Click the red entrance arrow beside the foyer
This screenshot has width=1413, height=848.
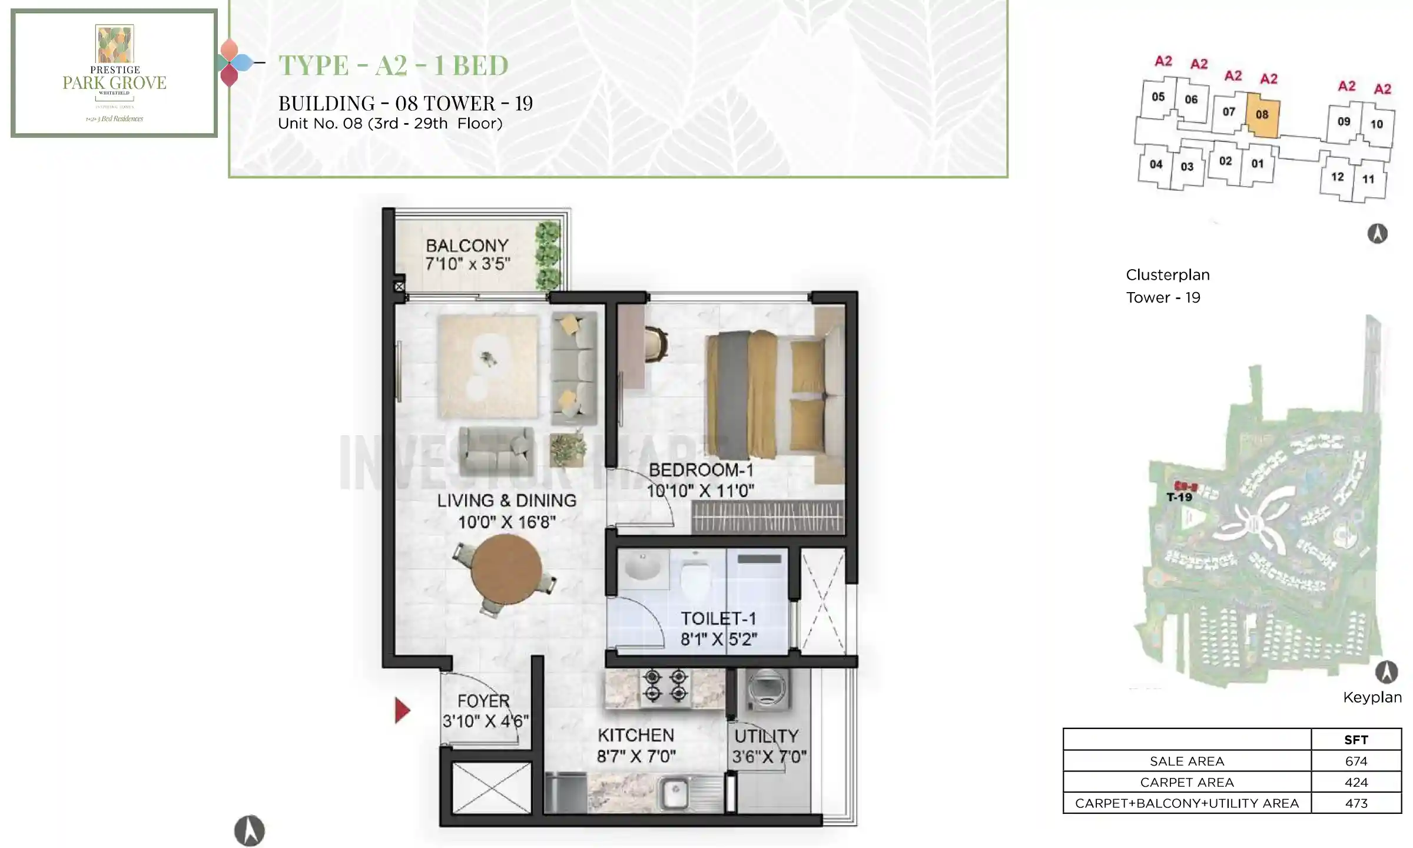[x=402, y=710]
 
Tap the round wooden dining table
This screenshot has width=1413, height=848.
[x=506, y=569]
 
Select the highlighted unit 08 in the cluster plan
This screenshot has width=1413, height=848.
[x=1262, y=115]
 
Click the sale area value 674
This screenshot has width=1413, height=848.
[x=1356, y=761]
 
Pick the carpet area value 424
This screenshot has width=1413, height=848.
[x=1356, y=782]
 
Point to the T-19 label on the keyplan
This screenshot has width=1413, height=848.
[x=1179, y=498]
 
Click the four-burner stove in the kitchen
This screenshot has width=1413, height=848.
[x=665, y=685]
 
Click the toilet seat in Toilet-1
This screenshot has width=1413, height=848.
[x=695, y=577]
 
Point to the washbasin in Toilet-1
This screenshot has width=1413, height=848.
[x=643, y=567]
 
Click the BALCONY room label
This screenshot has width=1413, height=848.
[x=467, y=246]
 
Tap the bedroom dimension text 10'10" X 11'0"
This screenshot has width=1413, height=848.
[x=700, y=491]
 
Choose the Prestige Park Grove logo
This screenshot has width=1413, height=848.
[x=115, y=73]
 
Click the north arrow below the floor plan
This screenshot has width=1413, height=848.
[x=250, y=830]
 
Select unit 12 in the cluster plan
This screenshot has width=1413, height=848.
[x=1337, y=177]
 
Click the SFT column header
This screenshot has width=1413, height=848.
[x=1356, y=740]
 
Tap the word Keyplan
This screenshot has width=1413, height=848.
[x=1372, y=697]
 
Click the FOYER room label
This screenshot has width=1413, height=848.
[x=483, y=701]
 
